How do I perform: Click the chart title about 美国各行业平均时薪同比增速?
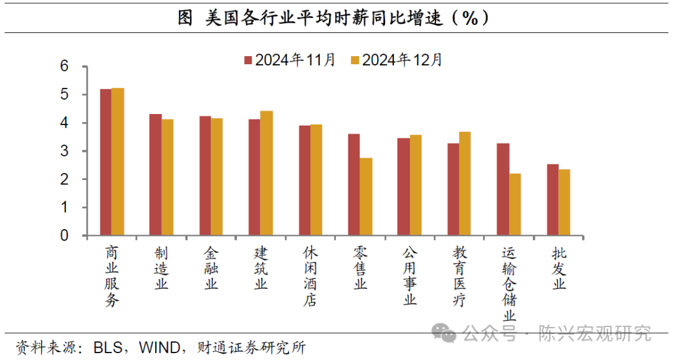tap(336, 18)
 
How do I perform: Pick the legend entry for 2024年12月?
tap(396, 60)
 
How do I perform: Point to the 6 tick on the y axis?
tap(64, 67)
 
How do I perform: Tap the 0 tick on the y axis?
tap(64, 236)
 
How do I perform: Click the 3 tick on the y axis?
tap(64, 151)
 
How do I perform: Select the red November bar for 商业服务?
tap(105, 163)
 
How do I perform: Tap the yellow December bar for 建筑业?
tap(266, 173)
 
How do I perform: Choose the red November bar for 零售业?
tap(353, 185)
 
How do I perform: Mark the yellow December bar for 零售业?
tap(366, 197)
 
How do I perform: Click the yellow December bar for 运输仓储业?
tap(515, 205)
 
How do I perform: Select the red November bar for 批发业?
tap(552, 200)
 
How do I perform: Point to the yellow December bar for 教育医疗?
tap(465, 184)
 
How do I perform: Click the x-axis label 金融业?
tap(211, 268)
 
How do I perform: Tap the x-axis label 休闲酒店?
tap(310, 276)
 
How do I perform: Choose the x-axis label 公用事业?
tap(409, 276)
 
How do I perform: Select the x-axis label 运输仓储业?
tap(509, 283)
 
